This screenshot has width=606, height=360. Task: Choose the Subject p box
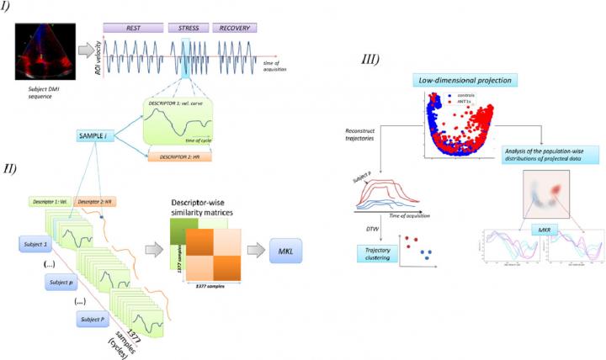point(55,282)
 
